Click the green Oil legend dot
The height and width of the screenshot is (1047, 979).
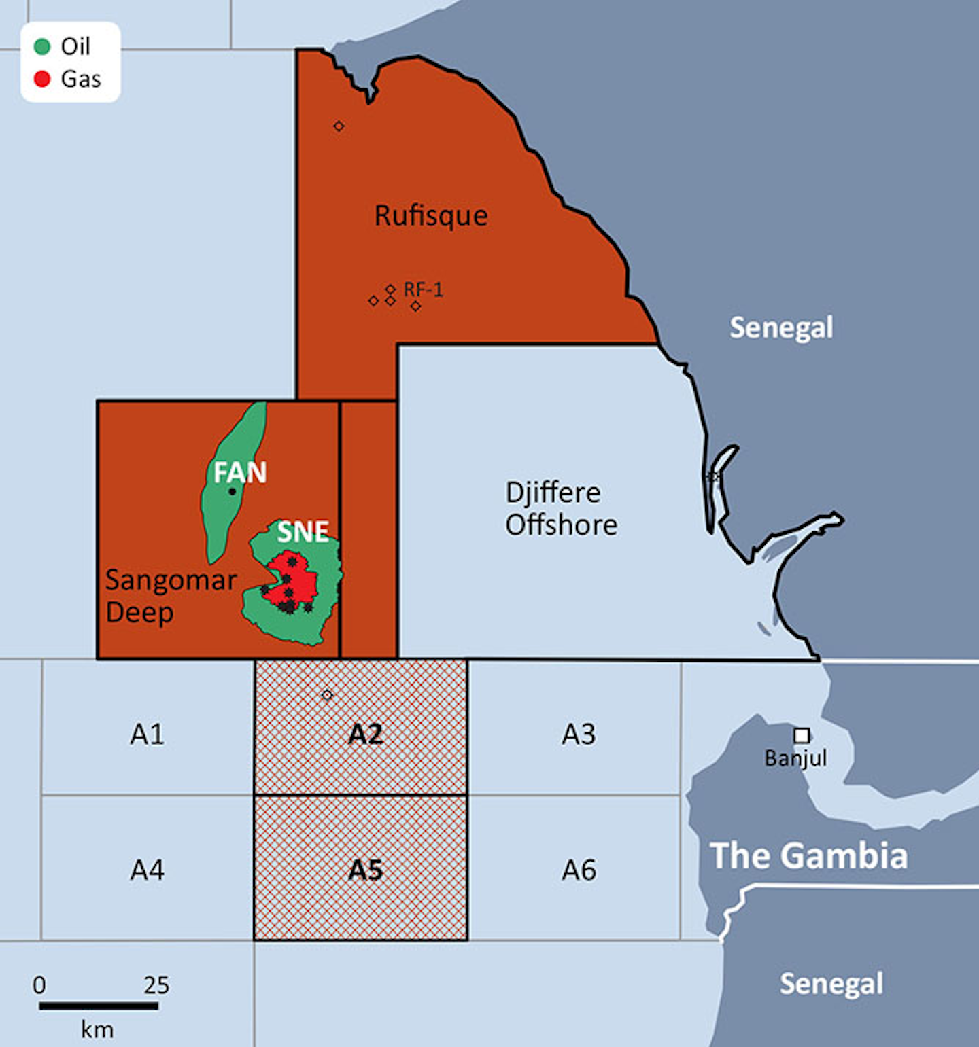42,46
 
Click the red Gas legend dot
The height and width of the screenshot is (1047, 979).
42,79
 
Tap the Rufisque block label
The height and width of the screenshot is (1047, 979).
431,216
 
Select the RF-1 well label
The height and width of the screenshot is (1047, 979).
423,290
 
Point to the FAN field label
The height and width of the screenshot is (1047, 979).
240,472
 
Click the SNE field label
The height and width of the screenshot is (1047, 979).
303,531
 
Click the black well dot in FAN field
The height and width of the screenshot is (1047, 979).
232,491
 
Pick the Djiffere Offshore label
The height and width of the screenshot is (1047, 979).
561,508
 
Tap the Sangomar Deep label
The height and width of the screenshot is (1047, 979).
170,596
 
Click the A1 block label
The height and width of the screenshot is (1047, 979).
148,734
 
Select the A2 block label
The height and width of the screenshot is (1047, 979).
365,734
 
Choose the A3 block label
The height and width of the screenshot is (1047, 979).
579,734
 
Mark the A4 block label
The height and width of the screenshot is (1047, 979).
148,870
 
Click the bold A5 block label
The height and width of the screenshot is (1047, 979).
365,870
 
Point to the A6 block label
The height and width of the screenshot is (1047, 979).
579,870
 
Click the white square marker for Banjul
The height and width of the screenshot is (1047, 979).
802,735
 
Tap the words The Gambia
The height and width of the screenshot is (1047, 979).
808,856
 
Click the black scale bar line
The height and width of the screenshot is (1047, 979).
98,1006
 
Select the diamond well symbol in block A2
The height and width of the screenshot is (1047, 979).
327,695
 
